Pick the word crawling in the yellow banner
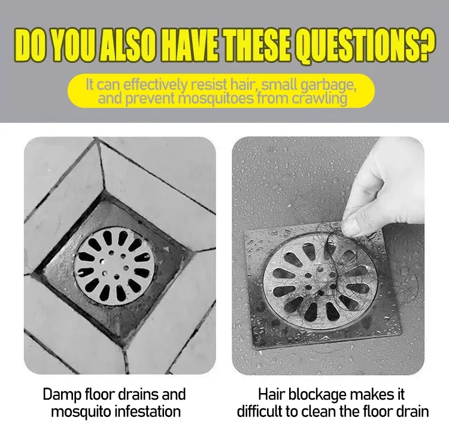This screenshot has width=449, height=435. coord(319,99)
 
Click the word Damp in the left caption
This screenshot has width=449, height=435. coord(62,395)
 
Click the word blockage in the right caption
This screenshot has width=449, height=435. coord(317,395)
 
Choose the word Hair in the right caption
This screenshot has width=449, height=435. coord(272,394)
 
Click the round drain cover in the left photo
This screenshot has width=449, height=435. coord(114,266)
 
